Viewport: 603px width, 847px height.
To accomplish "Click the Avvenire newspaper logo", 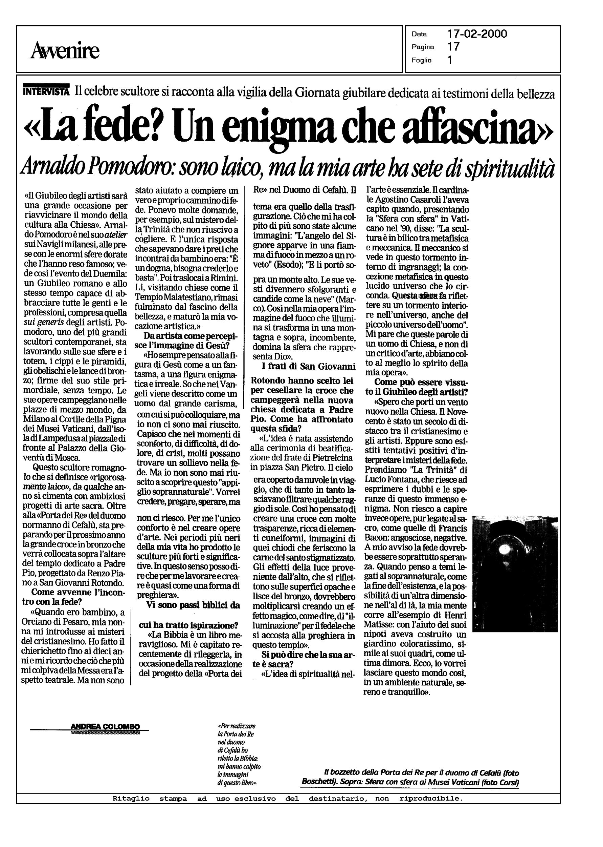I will coord(65,50).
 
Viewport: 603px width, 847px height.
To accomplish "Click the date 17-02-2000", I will coord(477,34).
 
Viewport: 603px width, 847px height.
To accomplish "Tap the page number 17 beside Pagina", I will coord(453,47).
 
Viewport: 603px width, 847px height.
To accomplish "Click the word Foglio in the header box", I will coord(421,60).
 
